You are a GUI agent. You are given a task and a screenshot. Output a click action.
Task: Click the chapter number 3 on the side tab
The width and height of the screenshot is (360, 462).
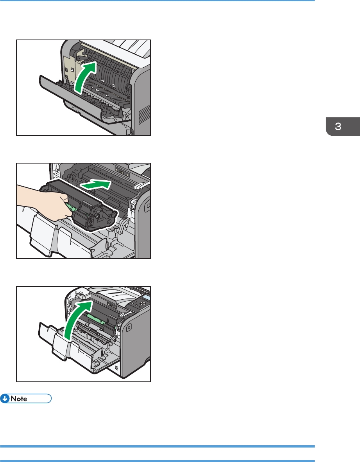338,127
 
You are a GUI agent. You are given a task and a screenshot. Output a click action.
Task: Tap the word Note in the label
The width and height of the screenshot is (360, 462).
19,399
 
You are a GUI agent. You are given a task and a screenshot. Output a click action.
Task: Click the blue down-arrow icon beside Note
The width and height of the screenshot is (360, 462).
5,399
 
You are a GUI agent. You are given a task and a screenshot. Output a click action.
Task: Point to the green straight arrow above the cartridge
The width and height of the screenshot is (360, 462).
96,185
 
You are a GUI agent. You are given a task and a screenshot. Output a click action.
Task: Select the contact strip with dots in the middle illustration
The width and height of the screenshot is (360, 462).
122,171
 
